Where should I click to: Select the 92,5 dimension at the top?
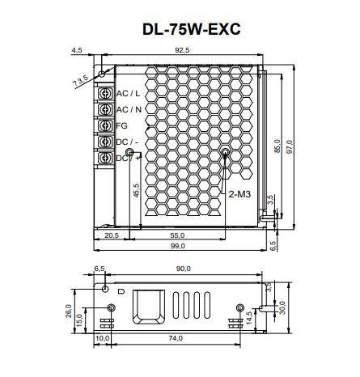click(x=180, y=51)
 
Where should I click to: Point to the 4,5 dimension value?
click(x=77, y=51)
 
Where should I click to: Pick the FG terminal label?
click(x=122, y=126)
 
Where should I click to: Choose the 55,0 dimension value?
click(x=176, y=235)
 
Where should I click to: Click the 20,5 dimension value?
click(x=112, y=235)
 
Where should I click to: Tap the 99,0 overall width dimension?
click(x=178, y=247)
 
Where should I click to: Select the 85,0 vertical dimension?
click(x=277, y=148)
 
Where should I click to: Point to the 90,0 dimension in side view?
click(x=184, y=269)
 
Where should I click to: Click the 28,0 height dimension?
click(x=70, y=311)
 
